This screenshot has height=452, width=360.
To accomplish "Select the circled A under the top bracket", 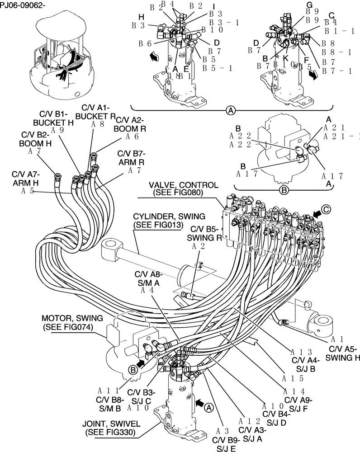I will (x=231, y=110).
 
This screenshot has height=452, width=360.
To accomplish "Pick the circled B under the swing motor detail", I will (x=284, y=190).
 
